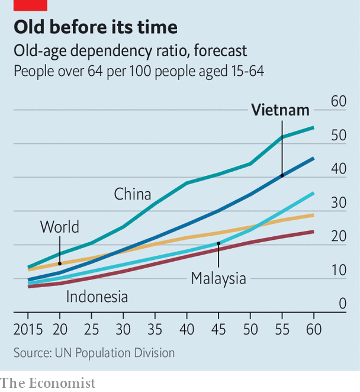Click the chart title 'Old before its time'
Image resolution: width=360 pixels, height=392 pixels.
pyautogui.click(x=95, y=27)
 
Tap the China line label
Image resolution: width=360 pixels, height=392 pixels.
pyautogui.click(x=133, y=194)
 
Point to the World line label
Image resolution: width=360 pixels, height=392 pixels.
pyautogui.click(x=59, y=227)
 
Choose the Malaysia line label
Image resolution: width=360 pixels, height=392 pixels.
pyautogui.click(x=218, y=278)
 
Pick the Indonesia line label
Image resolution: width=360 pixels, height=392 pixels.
pyautogui.click(x=97, y=296)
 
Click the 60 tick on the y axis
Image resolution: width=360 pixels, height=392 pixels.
pyautogui.click(x=339, y=101)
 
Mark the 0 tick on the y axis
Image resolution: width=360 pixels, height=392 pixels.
pyautogui.click(x=342, y=304)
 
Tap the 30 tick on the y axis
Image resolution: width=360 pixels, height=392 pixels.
pyautogui.click(x=339, y=203)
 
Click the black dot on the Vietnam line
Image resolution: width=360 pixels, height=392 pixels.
pyautogui.click(x=282, y=175)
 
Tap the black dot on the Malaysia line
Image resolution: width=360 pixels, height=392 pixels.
pyautogui.click(x=218, y=243)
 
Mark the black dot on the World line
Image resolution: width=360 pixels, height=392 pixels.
pyautogui.click(x=59, y=263)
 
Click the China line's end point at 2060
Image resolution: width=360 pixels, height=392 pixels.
pyautogui.click(x=313, y=127)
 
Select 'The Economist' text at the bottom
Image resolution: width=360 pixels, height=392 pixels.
pyautogui.click(x=48, y=383)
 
